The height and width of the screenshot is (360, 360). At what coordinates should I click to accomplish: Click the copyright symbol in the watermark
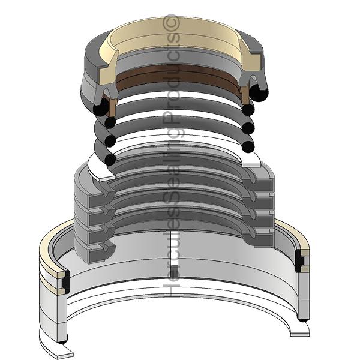pyautogui.click(x=171, y=23)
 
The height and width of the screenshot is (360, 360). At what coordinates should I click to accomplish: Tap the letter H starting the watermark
pyautogui.click(x=171, y=290)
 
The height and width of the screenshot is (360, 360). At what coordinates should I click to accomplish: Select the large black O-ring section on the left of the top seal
pyautogui.click(x=101, y=107)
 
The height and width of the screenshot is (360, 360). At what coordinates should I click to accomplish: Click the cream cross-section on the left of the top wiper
pyautogui.click(x=107, y=64)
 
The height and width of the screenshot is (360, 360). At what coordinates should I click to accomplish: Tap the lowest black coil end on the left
pyautogui.click(x=110, y=160)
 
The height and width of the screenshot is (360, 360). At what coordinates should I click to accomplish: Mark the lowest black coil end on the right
pyautogui.click(x=248, y=146)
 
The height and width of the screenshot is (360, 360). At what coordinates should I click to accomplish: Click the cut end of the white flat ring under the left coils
pyautogui.click(x=107, y=177)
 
